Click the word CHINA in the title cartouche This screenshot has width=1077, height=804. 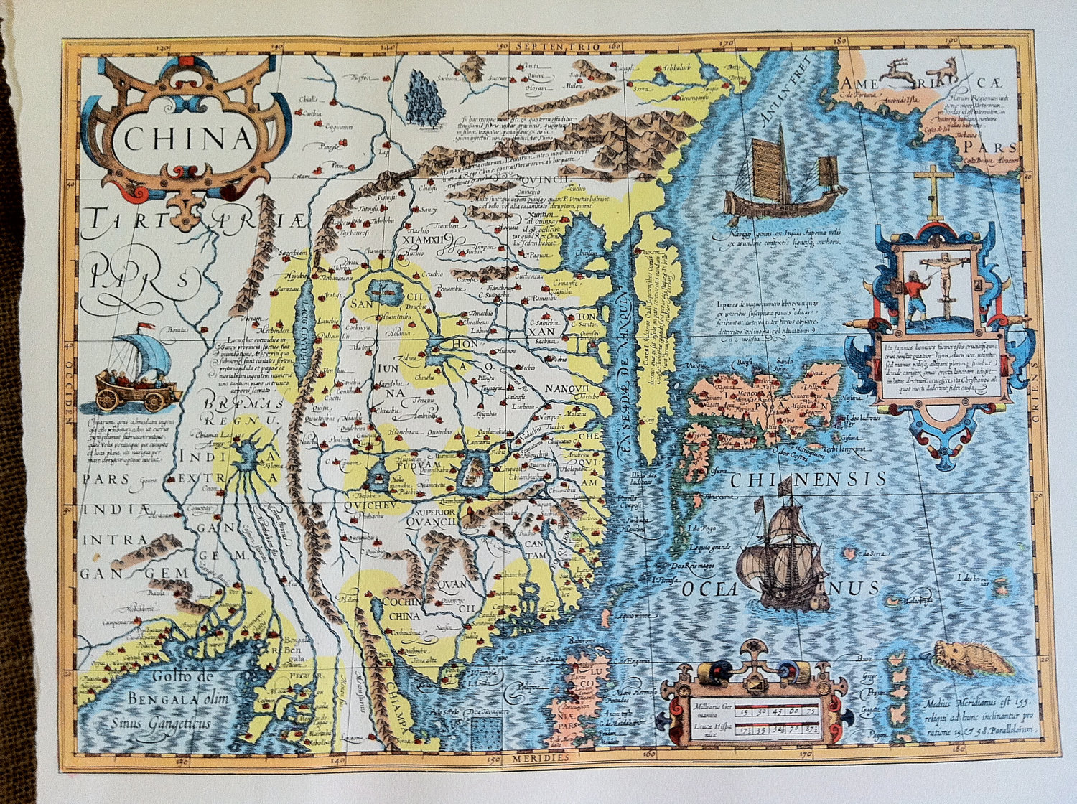pyautogui.click(x=188, y=138)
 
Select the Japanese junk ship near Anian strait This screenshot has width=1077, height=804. pyautogui.click(x=783, y=176)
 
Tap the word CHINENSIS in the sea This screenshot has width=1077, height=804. pyautogui.click(x=808, y=479)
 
